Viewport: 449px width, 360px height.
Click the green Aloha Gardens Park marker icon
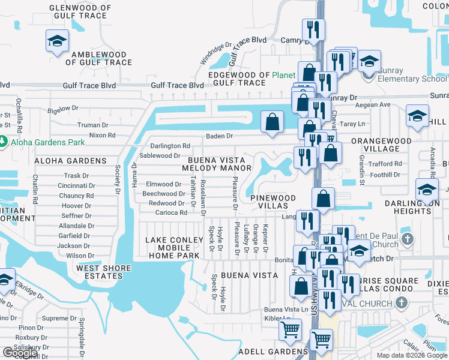click(4, 142)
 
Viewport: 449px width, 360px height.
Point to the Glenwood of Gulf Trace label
click(80, 12)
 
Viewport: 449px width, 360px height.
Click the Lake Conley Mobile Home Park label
click(172, 248)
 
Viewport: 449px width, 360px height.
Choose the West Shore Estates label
click(100, 272)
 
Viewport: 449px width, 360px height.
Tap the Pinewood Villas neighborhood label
click(273, 202)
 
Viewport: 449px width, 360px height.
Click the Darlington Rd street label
click(170, 146)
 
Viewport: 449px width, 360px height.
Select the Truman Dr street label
click(93, 125)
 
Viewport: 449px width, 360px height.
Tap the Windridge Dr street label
click(216, 53)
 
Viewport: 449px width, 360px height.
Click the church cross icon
click(408, 239)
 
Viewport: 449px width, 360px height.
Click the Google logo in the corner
click(20, 353)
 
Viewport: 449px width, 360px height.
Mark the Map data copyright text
click(412, 355)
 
